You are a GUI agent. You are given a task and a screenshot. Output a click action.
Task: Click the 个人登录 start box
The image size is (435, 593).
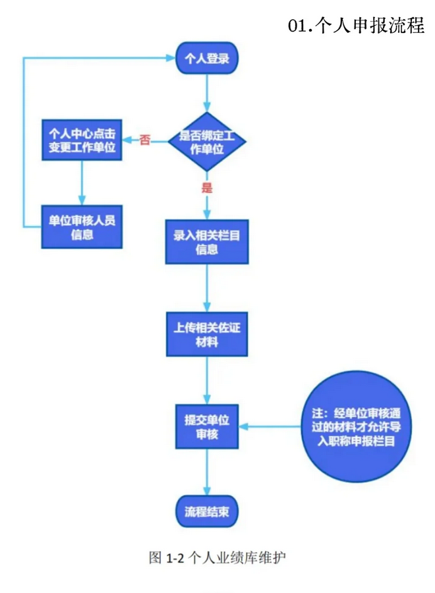pos(207,59)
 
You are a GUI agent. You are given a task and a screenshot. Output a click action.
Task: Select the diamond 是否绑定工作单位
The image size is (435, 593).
pos(207,142)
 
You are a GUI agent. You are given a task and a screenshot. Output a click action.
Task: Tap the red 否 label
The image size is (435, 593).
pos(145,140)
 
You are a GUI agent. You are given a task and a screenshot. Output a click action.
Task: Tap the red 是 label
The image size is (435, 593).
pos(207,188)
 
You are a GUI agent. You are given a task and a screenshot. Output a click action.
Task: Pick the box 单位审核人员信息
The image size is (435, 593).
pos(82,227)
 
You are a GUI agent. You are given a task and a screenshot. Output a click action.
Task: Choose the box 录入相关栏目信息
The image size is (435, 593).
pos(207,242)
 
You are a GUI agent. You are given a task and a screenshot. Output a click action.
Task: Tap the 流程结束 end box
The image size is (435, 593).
pos(207,513)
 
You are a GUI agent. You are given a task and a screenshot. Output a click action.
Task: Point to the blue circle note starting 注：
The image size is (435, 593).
pos(354,426)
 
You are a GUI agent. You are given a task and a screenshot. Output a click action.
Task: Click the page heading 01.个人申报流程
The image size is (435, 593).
pos(357,26)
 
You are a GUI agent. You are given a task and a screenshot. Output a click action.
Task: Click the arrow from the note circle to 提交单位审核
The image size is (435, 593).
pos(274,427)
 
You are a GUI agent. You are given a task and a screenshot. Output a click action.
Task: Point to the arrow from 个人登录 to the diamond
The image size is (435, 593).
pos(207,92)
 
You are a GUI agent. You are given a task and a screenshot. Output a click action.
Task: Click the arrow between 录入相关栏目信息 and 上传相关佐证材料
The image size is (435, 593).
pos(207,288)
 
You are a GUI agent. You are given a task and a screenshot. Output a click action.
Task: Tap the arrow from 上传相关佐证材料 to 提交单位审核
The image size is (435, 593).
pos(207,381)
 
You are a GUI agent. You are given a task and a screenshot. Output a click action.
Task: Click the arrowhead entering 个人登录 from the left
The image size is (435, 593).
pos(169,59)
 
